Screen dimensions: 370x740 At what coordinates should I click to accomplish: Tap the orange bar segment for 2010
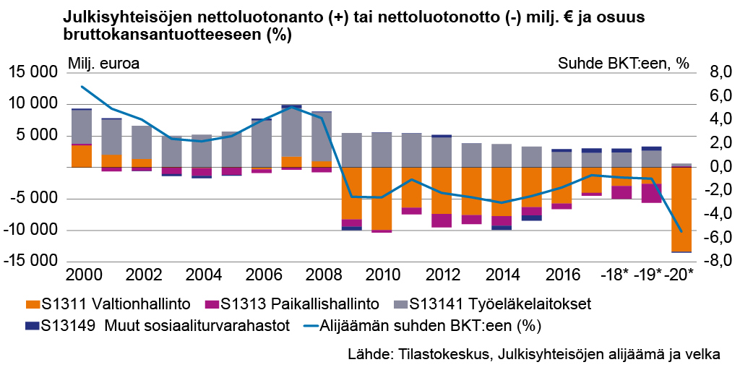(x=382, y=198)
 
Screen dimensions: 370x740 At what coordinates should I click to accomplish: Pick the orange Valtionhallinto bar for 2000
(x=82, y=156)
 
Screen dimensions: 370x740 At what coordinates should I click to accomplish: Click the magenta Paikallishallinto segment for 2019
(x=650, y=193)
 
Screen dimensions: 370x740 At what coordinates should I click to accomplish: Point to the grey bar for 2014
(x=502, y=155)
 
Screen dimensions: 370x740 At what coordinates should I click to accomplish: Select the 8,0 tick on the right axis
(x=707, y=72)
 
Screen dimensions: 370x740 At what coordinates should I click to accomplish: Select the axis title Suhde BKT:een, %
(x=624, y=63)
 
